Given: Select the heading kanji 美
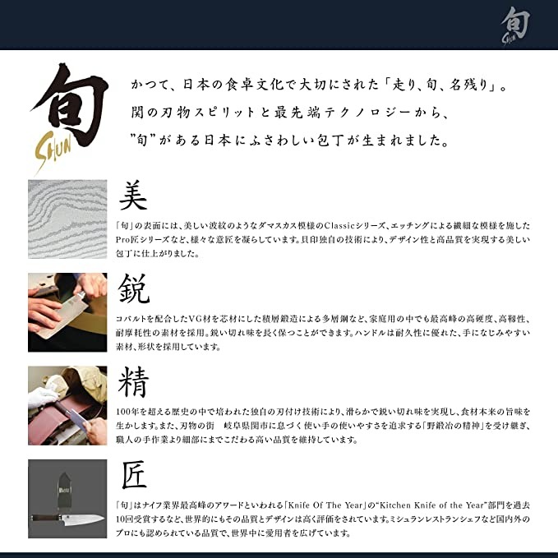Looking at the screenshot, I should coord(134,196).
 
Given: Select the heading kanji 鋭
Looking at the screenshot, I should coord(134,290).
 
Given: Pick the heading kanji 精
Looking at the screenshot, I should coord(134,382).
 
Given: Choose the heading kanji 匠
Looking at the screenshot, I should coord(134,476).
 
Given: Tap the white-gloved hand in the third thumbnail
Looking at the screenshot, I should coord(41,398).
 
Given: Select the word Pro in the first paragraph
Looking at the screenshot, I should coord(122,239).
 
